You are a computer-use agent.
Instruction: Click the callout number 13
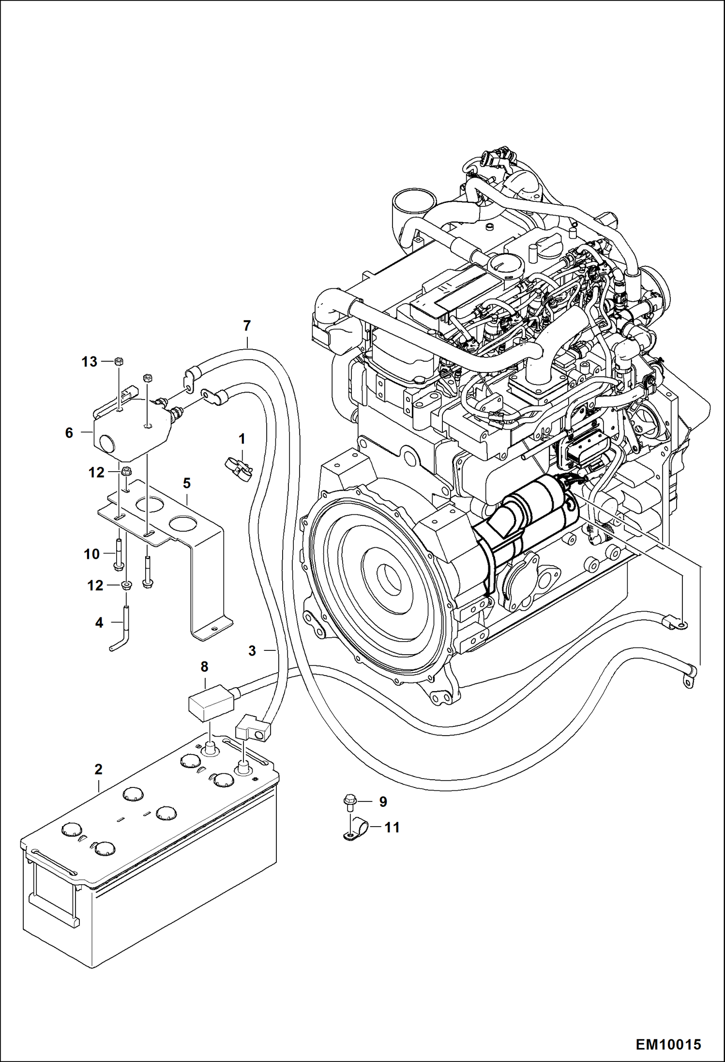click(x=89, y=362)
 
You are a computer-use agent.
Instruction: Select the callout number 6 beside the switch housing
click(x=69, y=432)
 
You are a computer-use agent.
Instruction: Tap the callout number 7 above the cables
click(x=247, y=326)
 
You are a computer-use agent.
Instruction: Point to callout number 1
click(x=242, y=439)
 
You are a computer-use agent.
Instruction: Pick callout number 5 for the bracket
click(x=187, y=483)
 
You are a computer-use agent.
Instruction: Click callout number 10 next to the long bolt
click(x=91, y=554)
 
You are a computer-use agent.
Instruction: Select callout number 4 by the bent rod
click(x=99, y=622)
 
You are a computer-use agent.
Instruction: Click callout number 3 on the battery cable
click(x=252, y=651)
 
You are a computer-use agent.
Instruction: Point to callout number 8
click(x=204, y=667)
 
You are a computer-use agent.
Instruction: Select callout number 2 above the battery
click(x=98, y=769)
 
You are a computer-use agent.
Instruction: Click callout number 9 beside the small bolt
click(x=383, y=802)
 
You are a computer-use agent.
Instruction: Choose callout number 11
click(x=392, y=828)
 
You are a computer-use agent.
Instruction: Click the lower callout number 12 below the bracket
click(x=95, y=586)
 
